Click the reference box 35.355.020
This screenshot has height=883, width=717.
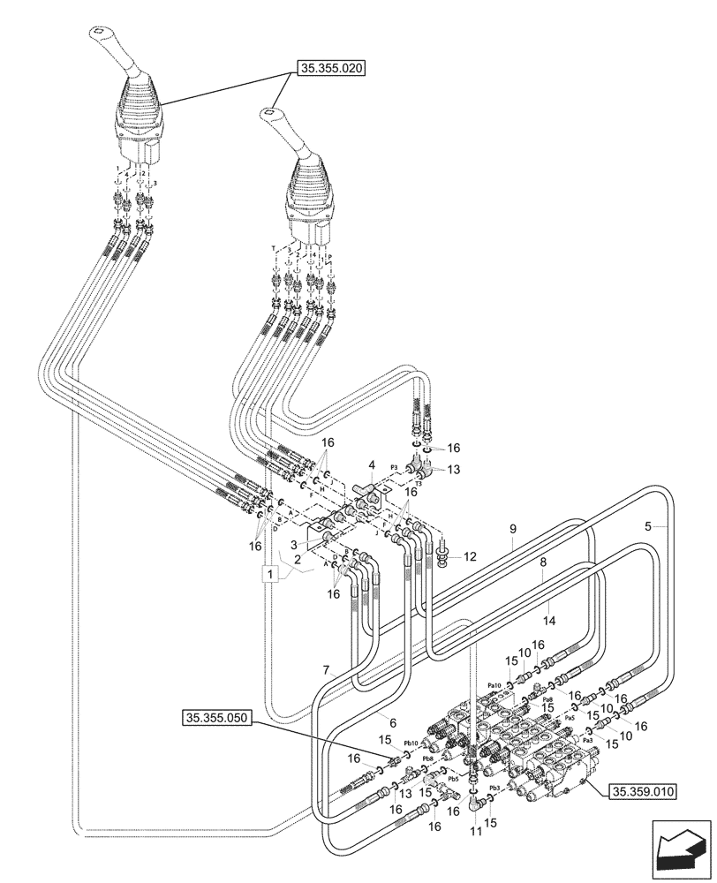point(331,67)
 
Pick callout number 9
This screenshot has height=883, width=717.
point(511,530)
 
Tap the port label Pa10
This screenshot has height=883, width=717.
point(494,685)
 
